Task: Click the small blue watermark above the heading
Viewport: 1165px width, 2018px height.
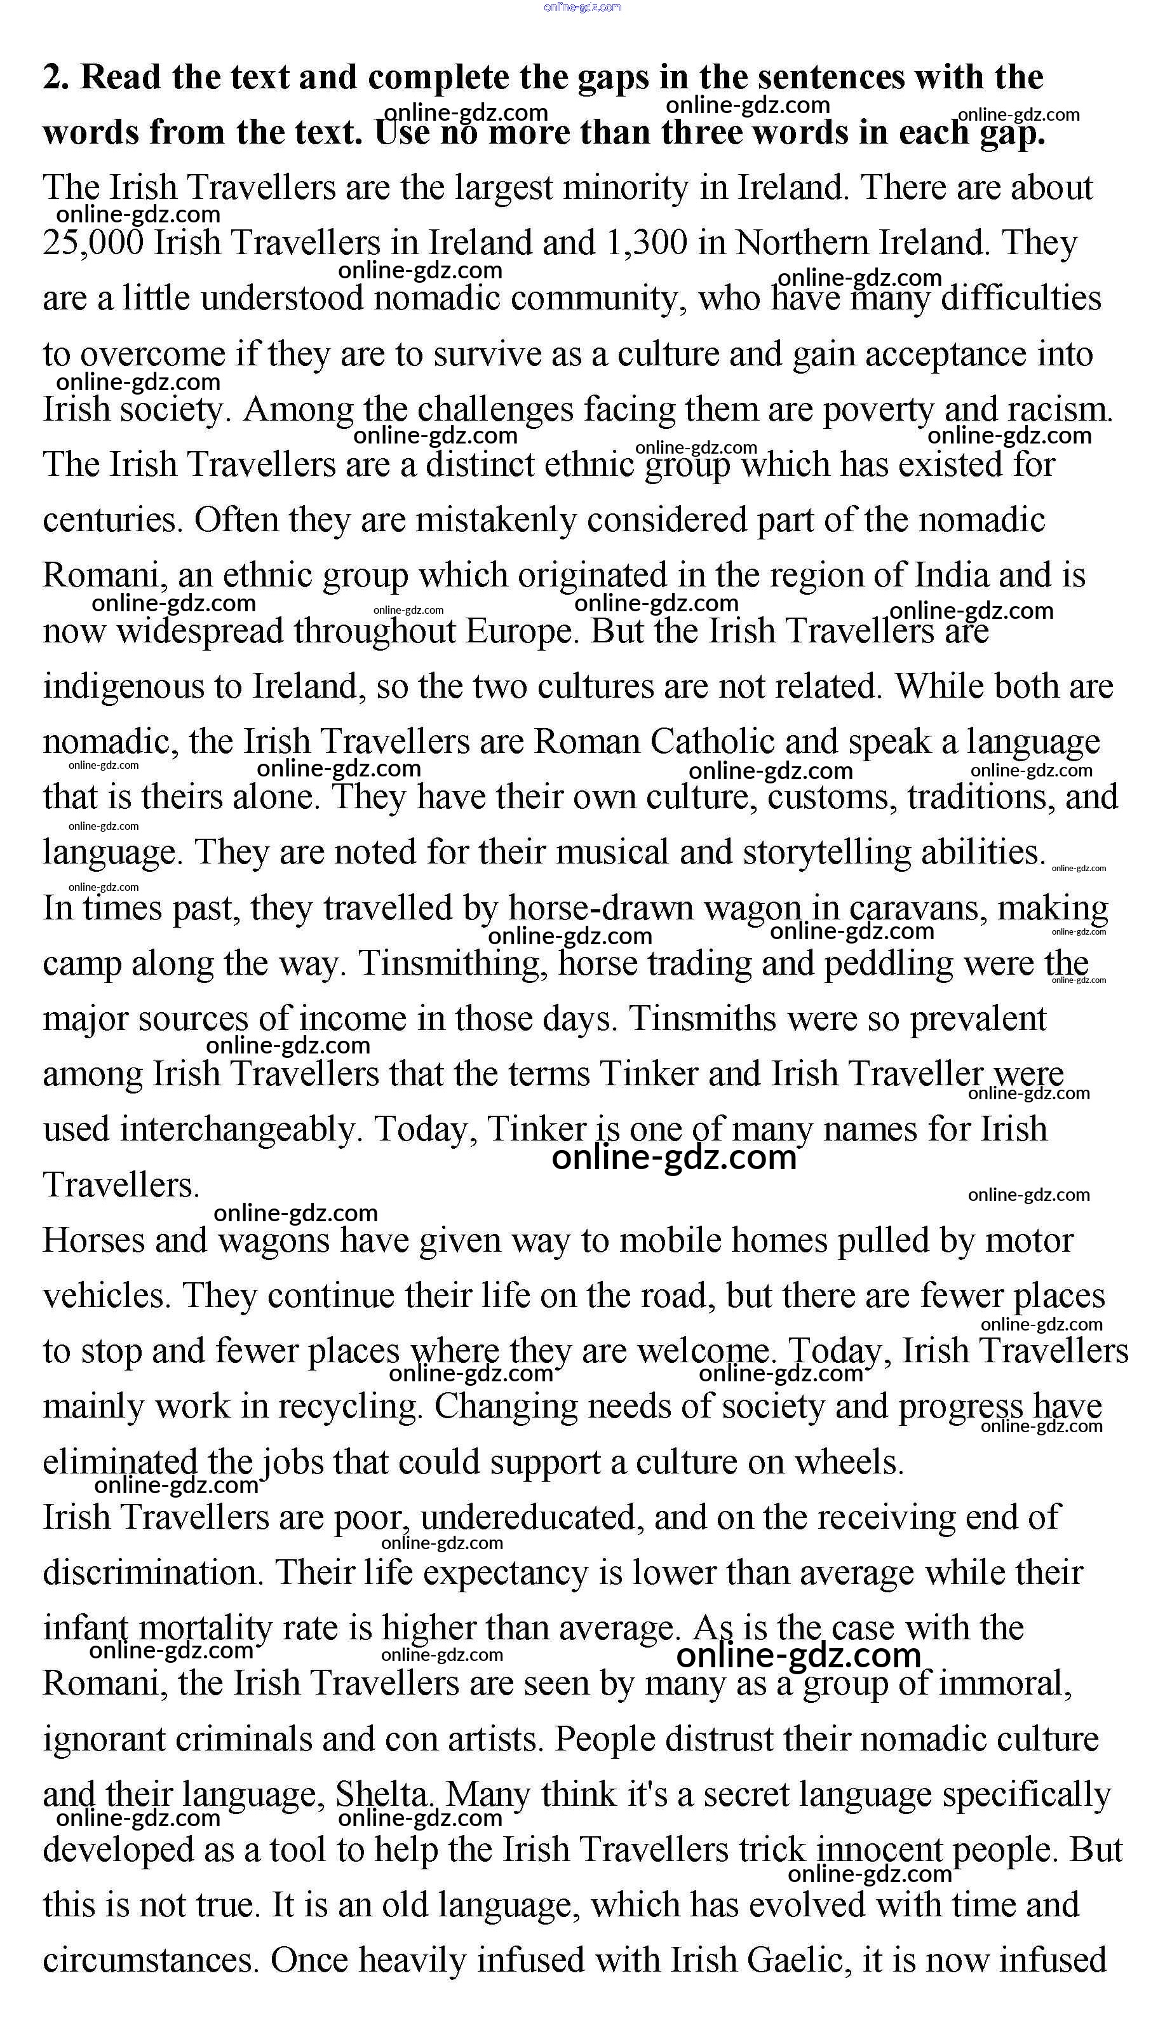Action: pyautogui.click(x=582, y=7)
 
